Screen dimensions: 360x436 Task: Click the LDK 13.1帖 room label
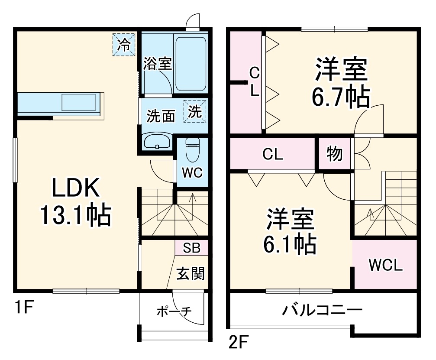76,201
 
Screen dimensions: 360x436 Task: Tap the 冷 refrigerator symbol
124,45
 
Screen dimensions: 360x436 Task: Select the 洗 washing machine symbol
195,112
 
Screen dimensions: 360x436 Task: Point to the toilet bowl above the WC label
191,149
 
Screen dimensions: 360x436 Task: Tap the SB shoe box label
191,248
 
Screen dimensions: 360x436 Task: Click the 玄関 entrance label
191,273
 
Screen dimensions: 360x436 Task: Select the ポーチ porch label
174,311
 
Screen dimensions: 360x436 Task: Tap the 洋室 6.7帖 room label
341,84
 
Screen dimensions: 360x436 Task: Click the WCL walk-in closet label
385,265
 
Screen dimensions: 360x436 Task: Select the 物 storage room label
335,154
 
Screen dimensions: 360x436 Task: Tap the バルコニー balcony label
323,311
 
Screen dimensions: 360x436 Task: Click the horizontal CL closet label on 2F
273,155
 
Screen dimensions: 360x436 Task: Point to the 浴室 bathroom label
158,64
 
